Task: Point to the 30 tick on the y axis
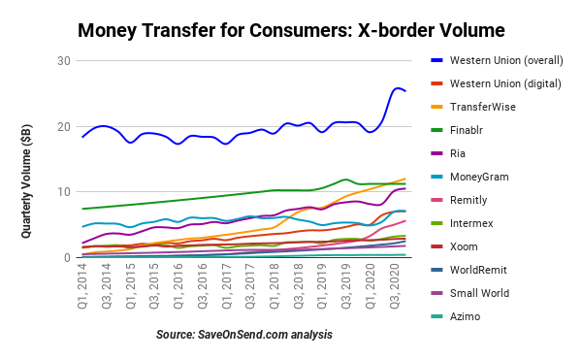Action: tap(65, 60)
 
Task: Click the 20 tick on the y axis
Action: tap(65, 126)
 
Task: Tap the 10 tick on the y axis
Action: tap(65, 192)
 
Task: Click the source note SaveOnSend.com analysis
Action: tap(244, 335)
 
